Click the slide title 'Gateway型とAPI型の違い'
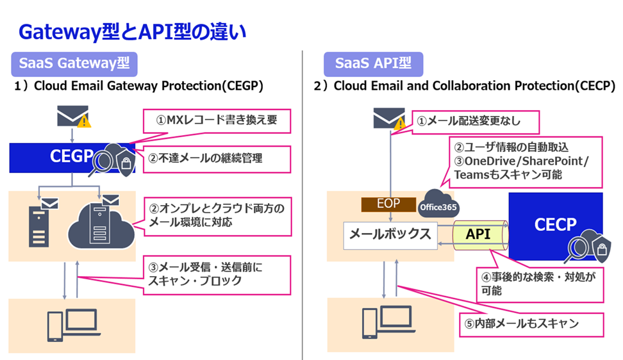(132, 32)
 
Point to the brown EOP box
(388, 203)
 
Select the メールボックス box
(390, 234)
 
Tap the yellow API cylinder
(478, 234)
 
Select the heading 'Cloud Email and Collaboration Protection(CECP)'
(464, 86)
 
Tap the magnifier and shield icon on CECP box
(586, 249)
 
